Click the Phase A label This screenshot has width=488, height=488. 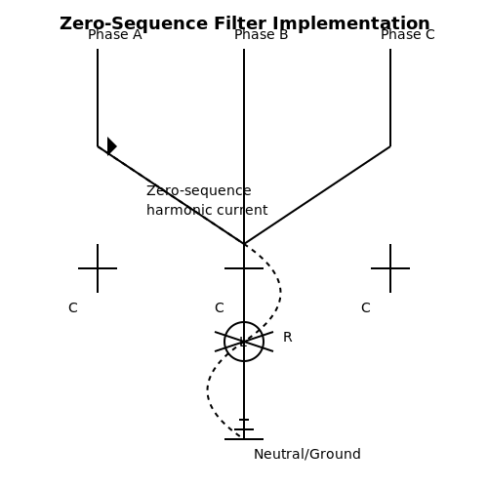[115, 34]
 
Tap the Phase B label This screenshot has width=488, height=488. [262, 34]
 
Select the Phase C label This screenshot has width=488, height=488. [408, 34]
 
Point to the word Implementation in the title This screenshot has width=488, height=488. [351, 23]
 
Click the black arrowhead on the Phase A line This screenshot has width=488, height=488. [111, 146]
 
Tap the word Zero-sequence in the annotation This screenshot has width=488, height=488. [199, 190]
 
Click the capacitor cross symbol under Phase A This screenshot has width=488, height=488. [98, 268]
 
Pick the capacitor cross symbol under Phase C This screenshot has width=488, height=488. [390, 268]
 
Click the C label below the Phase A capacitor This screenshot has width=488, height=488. [73, 307]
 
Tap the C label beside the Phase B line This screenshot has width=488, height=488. [220, 307]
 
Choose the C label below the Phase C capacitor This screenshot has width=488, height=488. [366, 307]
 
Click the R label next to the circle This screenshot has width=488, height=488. [288, 337]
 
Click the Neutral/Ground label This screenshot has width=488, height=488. [307, 454]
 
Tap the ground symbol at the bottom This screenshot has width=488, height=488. [244, 429]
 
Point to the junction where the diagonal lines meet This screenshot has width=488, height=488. [244, 244]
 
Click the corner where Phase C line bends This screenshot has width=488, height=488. [390, 146]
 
